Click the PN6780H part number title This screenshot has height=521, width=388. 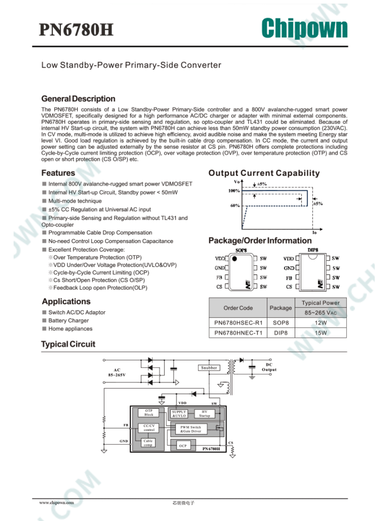click(x=76, y=29)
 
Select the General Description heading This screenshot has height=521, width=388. click(x=78, y=99)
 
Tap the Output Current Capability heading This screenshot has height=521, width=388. click(x=264, y=173)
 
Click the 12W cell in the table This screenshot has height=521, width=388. click(x=320, y=322)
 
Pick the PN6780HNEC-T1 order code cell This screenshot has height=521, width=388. click(x=238, y=333)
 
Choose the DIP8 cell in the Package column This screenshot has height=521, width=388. click(x=281, y=333)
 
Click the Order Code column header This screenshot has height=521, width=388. click(x=238, y=308)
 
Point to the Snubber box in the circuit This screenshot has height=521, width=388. click(x=209, y=368)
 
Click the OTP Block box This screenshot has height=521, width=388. click(x=149, y=413)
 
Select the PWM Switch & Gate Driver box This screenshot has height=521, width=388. click(x=191, y=429)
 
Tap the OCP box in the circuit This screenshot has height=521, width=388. click(x=183, y=446)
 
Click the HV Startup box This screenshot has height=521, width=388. click(x=204, y=414)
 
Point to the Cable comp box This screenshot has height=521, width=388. click(x=148, y=443)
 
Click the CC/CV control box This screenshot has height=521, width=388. click(x=149, y=428)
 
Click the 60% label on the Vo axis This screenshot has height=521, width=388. click(x=235, y=205)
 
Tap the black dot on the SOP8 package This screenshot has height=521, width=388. click(x=234, y=259)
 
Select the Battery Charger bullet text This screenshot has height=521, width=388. click(x=69, y=320)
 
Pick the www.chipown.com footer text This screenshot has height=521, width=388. click(x=56, y=502)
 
